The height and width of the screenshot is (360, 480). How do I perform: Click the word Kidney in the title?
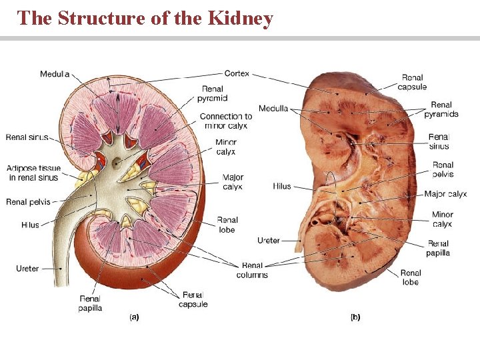(x=241, y=18)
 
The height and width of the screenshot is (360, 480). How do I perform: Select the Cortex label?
(x=237, y=73)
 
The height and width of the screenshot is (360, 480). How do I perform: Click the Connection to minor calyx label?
(x=226, y=121)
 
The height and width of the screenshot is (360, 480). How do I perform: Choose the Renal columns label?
(x=252, y=270)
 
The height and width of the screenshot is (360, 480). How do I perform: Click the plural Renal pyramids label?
(x=441, y=109)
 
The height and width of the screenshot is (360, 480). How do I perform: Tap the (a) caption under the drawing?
(x=133, y=317)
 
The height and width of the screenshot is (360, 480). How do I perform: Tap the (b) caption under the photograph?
(x=355, y=317)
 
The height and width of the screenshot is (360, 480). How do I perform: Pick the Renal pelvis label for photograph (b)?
(x=443, y=169)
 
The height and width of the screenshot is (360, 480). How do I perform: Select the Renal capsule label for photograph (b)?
(x=412, y=82)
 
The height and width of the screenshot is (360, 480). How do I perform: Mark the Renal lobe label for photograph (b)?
(x=411, y=277)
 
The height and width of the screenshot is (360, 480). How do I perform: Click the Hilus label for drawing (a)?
(x=30, y=225)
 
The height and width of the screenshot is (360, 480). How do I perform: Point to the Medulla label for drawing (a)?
(x=54, y=74)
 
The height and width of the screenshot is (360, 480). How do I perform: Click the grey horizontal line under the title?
(x=240, y=39)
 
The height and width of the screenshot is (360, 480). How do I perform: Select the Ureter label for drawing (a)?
(x=27, y=269)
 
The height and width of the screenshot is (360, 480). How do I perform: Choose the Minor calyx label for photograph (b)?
(x=442, y=219)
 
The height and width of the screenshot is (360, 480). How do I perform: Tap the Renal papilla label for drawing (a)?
(x=90, y=303)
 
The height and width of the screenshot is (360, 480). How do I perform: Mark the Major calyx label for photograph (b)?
(x=445, y=194)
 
